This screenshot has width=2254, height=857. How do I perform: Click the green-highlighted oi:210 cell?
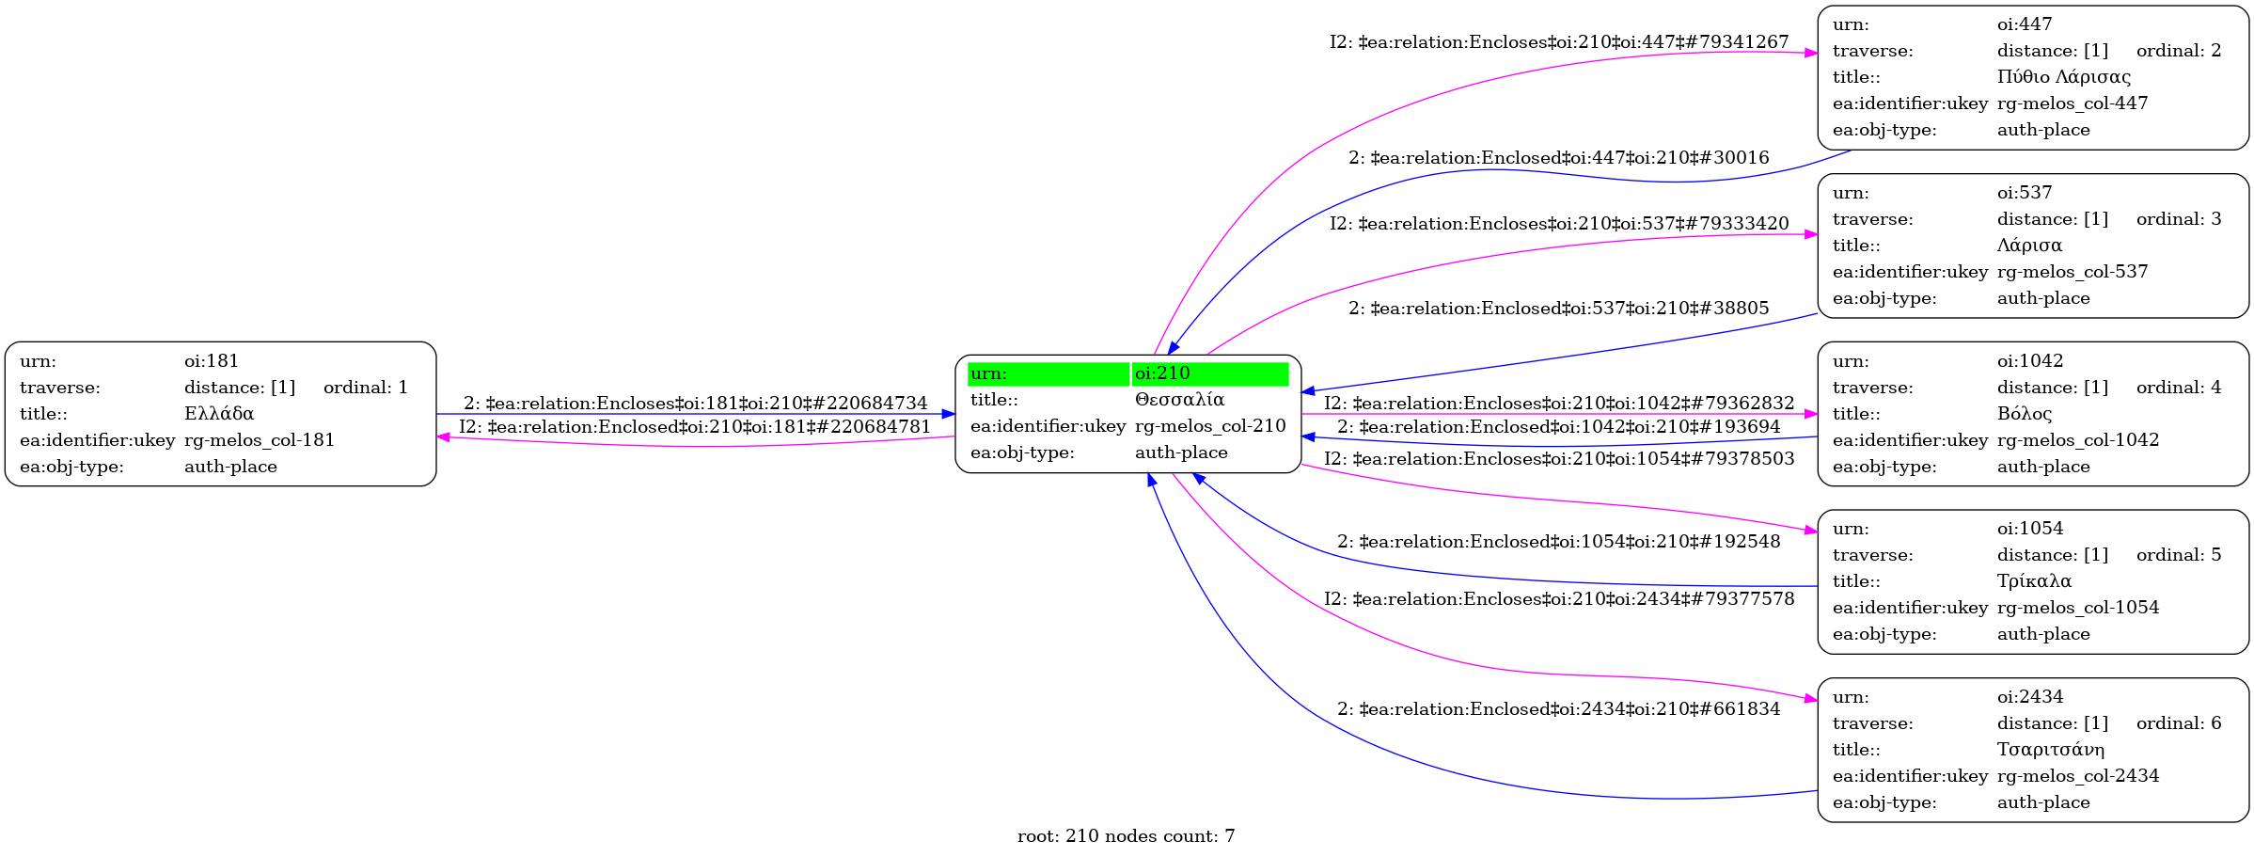[1209, 374]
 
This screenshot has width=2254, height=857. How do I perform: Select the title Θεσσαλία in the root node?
[1179, 400]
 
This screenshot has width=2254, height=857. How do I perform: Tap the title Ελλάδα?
[219, 414]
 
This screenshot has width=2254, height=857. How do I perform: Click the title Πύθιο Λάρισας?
[2064, 77]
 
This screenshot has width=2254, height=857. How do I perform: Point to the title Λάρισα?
[2029, 246]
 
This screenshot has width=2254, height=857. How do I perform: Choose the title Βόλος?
[2025, 414]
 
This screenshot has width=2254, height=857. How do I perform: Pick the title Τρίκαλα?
[2034, 581]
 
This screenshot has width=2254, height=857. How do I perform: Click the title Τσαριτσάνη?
[2051, 750]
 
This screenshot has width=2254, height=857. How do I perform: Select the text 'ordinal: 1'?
[366, 388]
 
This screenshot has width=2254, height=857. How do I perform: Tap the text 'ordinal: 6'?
[2179, 723]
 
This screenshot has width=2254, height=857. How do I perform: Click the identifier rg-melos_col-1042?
[2078, 440]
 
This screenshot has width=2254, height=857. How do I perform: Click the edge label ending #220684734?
[695, 404]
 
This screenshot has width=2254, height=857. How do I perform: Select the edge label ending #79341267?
[1559, 42]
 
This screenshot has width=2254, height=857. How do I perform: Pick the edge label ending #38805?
[1559, 309]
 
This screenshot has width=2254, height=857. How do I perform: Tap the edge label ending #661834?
[1559, 709]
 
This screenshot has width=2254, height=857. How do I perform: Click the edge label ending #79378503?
[1559, 459]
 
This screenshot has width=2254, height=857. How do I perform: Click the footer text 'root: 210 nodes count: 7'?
[1126, 836]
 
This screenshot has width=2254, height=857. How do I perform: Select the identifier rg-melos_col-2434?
[2078, 776]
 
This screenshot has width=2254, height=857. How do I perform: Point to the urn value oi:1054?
[2030, 529]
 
